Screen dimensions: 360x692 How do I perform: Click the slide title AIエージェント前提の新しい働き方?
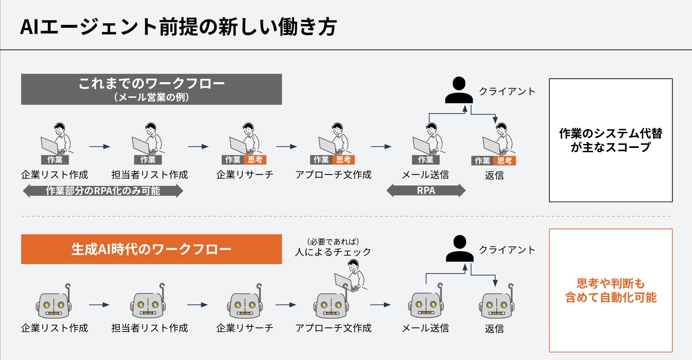(178, 27)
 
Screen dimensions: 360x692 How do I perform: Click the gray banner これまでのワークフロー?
(151, 89)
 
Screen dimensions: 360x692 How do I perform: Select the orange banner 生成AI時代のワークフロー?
(151, 249)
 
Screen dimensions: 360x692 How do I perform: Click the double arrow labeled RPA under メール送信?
(426, 191)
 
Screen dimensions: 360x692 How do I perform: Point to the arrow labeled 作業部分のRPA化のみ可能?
(103, 191)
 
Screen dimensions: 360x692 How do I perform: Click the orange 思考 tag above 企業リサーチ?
(255, 160)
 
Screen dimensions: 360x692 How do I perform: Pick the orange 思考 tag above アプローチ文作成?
(343, 160)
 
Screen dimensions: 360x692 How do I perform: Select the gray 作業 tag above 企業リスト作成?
(55, 160)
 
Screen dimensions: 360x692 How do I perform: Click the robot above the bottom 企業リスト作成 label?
(54, 303)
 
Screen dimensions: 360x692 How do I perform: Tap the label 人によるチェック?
(333, 252)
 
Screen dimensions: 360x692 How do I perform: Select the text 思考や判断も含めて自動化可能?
(611, 291)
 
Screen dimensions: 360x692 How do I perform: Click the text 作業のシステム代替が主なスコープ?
(611, 140)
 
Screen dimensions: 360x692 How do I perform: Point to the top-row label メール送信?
(425, 175)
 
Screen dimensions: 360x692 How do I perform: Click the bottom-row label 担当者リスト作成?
(150, 328)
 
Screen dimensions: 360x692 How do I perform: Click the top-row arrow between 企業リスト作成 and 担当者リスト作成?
(100, 146)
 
